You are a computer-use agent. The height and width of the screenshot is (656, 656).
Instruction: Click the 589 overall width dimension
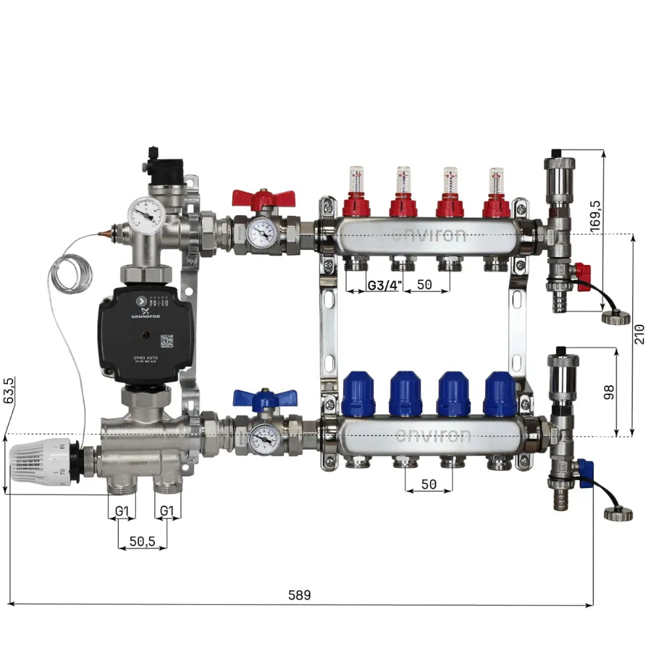299,596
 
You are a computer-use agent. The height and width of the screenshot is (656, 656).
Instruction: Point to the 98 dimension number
609,392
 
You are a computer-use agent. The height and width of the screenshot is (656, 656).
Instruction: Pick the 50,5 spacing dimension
142,541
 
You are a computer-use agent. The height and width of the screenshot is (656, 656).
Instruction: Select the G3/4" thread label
383,286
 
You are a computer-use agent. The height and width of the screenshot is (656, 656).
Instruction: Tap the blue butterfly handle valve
264,400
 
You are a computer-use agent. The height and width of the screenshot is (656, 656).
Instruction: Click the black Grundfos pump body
144,333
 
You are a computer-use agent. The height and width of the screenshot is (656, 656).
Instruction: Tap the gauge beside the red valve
262,232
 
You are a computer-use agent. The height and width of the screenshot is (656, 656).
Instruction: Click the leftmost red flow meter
356,194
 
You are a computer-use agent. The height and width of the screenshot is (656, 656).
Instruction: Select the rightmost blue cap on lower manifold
500,394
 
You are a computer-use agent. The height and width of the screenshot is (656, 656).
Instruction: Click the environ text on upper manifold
430,235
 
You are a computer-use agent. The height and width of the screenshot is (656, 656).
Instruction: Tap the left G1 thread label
122,510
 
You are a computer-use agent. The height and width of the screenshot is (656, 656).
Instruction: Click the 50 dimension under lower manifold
428,485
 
